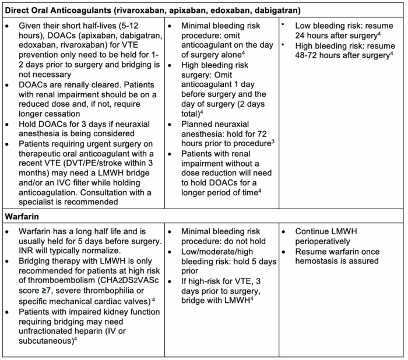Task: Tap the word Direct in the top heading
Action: (19, 10)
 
